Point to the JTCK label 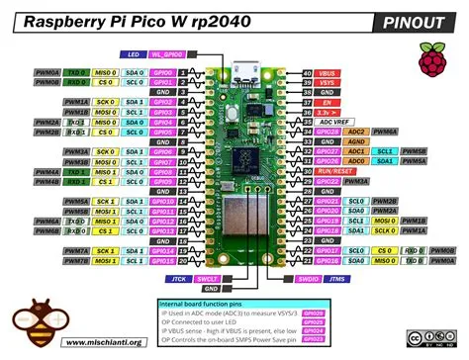pos(180,280)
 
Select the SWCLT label pos(208,280)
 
